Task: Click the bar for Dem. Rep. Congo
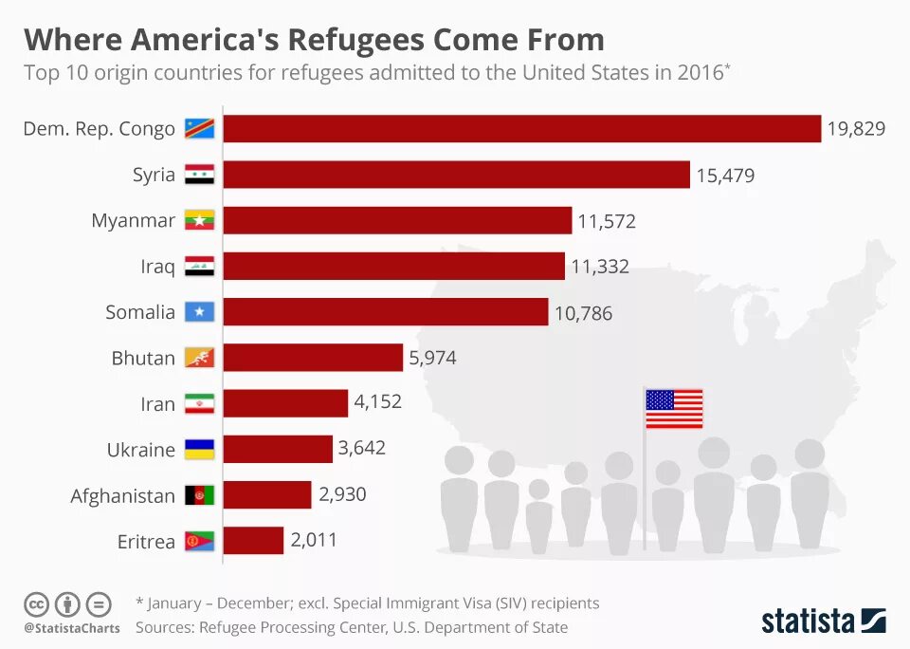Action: [x=521, y=129]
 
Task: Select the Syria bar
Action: [x=456, y=175]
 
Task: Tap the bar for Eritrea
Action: [x=253, y=541]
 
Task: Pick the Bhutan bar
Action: [x=313, y=358]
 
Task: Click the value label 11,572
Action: [x=607, y=222]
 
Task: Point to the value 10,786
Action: [x=583, y=312]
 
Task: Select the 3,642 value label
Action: [x=362, y=448]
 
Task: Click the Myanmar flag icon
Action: [x=200, y=220]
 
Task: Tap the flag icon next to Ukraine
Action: [x=200, y=450]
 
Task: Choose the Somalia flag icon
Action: [x=200, y=312]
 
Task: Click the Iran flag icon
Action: [x=200, y=404]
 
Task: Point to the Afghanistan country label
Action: [x=122, y=496]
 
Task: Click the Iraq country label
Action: [x=157, y=267]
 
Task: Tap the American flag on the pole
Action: [x=674, y=409]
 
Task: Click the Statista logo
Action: [x=823, y=621]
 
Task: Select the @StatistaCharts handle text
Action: [x=71, y=628]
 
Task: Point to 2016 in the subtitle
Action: [x=700, y=73]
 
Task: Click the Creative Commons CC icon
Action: [x=36, y=603]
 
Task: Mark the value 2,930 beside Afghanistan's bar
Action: [x=342, y=494]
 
